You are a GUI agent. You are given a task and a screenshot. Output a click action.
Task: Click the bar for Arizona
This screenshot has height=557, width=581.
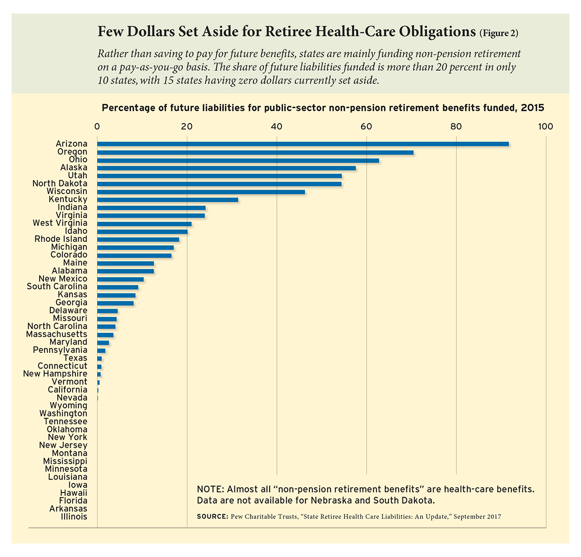pos(303,144)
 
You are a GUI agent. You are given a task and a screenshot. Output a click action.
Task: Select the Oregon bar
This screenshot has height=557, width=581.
pos(255,152)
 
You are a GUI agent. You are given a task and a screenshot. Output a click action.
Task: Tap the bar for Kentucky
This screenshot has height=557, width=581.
pos(167,200)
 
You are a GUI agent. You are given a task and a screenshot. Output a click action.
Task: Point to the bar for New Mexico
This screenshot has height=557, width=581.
pos(120,279)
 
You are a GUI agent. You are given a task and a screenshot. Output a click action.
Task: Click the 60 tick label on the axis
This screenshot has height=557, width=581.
pos(366,127)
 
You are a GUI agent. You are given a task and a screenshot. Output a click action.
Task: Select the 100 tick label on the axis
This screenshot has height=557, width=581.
pos(545,127)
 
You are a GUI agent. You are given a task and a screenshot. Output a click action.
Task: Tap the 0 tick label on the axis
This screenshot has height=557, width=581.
pos(97,127)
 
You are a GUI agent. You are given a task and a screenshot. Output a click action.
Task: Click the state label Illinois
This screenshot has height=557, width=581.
pos(74,517)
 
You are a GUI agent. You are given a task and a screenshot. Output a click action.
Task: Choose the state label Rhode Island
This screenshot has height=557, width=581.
pos(61,239)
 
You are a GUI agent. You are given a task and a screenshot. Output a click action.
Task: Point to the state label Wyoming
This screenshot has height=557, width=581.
pos(68,406)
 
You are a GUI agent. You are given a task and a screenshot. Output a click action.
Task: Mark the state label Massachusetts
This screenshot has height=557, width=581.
pos(57,334)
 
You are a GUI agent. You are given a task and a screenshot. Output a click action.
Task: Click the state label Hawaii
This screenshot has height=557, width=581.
pos(73,493)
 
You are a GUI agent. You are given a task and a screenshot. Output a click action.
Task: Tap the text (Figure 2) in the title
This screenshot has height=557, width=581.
pos(499,33)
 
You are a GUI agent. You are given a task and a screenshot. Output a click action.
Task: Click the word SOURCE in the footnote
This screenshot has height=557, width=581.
pos(212,517)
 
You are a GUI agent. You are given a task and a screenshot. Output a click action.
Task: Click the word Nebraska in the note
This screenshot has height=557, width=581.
pos(330,501)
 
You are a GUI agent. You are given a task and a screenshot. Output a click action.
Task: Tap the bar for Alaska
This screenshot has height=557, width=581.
pos(226,168)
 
